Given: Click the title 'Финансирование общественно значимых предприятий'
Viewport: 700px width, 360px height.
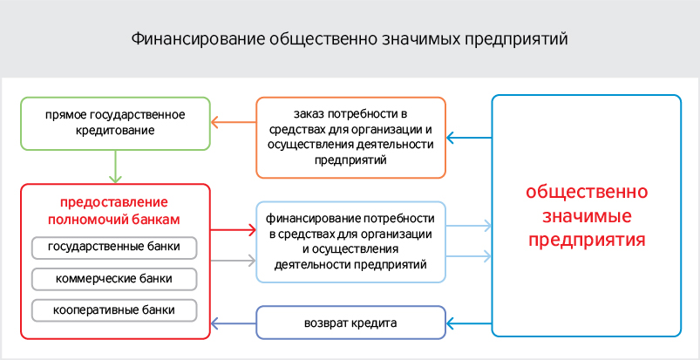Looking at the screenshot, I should pos(350,39).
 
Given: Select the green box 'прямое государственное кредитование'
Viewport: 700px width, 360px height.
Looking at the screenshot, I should pos(115,123).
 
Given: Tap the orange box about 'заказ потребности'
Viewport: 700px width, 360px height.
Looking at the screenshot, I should pos(350,136).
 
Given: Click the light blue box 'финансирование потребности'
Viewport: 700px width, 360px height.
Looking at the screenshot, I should pos(350,241).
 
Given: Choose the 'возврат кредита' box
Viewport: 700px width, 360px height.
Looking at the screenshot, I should pos(350,323).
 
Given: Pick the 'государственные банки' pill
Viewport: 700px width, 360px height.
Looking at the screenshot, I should pos(115,248).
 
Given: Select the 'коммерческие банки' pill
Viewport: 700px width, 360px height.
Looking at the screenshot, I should pos(115,279).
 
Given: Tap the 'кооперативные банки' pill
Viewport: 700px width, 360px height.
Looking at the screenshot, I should pos(115,309).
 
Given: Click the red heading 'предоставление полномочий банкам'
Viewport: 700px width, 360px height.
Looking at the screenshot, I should pos(115,206).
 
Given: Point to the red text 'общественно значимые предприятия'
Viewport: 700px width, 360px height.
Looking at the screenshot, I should pos(586,214).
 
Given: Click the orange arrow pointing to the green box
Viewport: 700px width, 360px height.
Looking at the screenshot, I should pos(233,123).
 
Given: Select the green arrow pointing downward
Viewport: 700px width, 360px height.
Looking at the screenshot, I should pos(115,166).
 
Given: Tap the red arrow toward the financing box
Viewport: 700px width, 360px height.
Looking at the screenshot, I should pos(233,231).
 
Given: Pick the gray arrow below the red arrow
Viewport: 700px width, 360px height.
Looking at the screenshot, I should pos(233,259).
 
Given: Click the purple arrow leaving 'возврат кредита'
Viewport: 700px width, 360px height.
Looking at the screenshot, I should pos(233,323).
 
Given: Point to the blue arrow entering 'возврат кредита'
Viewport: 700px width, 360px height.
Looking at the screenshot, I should pos(469,323).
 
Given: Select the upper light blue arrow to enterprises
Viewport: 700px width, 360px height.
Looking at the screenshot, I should pos(469,227).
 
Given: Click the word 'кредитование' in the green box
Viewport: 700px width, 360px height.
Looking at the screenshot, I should pos(115,131).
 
